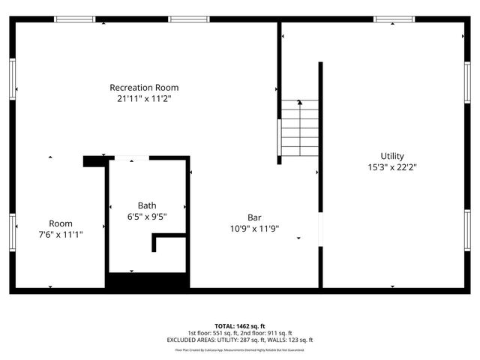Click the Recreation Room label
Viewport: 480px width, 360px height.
[144, 88]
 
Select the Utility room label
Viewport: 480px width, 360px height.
[391, 156]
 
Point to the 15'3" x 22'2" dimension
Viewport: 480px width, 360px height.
[391, 167]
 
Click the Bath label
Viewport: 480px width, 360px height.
[147, 205]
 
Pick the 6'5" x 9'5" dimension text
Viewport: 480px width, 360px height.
[147, 217]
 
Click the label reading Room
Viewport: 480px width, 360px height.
[61, 223]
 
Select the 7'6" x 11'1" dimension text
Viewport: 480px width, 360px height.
[61, 235]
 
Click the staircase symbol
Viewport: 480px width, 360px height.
[299, 131]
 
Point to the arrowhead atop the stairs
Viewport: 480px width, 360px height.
[299, 102]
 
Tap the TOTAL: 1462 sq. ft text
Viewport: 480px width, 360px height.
[239, 326]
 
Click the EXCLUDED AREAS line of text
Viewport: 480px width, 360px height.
[239, 340]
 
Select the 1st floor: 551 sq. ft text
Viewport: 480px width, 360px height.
[211, 333]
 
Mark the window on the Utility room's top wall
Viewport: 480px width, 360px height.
[394, 19]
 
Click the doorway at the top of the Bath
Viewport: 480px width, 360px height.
[131, 158]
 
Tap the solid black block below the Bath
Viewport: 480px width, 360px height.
[146, 283]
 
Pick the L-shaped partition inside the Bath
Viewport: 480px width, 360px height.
[160, 242]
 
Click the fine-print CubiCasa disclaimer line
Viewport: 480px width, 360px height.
[239, 349]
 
